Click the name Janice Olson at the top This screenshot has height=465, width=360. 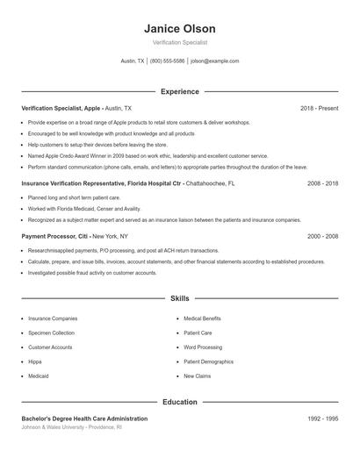coord(179,29)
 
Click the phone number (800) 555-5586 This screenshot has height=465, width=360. coord(167,61)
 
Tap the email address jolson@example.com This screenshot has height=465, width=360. coord(215,61)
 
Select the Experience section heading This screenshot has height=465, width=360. coord(179,91)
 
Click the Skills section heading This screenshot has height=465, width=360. coord(179,298)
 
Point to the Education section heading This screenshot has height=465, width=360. coord(179,402)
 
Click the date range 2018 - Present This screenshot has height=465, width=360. coord(319,108)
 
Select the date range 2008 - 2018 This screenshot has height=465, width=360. coord(323,184)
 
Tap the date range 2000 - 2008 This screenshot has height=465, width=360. coord(323,236)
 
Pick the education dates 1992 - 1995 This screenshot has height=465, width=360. coord(323,419)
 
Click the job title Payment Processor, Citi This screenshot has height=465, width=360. coord(55,236)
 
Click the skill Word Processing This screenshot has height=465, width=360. coord(203,347)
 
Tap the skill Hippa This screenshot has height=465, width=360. coord(36,361)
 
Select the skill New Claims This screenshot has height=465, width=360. coord(197,376)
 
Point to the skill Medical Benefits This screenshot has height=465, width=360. coord(202,318)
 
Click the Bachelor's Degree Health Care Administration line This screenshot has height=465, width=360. coord(84,419)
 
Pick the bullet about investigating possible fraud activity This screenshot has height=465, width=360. coord(92,273)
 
